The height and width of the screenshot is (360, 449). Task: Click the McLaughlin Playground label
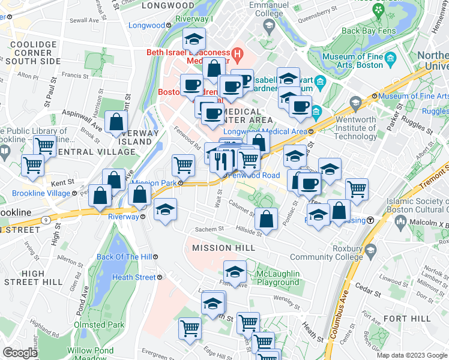277,278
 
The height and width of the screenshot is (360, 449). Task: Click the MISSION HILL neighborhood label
219,248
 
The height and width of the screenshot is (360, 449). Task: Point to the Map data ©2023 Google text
412,355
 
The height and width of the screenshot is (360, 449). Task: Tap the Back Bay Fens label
366,31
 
